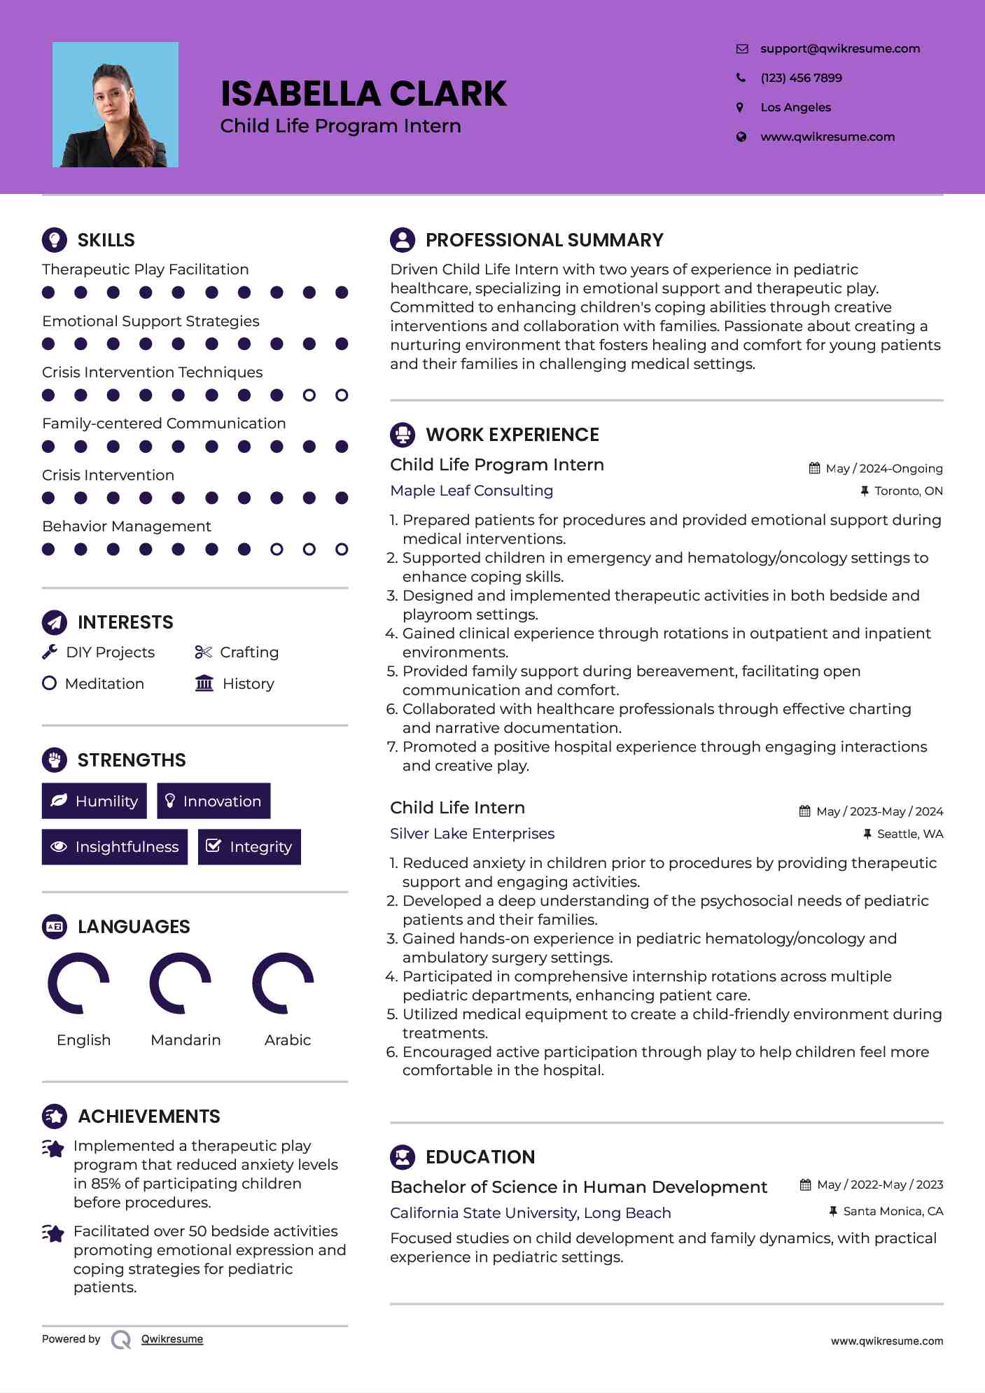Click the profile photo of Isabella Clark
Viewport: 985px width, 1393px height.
116,105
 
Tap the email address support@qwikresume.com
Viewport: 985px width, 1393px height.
839,49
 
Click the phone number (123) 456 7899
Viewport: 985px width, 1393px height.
801,78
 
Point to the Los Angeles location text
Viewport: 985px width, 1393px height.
795,108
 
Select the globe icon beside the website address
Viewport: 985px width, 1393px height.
741,137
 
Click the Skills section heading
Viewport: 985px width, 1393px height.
106,240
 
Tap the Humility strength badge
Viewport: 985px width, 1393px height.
95,801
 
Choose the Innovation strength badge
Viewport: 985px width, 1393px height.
214,801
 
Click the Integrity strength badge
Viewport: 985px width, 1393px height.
249,847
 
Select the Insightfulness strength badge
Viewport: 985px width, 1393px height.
115,847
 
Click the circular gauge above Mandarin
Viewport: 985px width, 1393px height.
181,983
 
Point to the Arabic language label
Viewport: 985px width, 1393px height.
288,1040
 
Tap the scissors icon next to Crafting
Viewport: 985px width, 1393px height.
203,652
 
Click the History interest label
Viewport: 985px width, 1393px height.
249,684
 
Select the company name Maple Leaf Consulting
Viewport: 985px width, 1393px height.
471,491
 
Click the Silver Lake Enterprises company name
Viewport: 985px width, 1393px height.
472,834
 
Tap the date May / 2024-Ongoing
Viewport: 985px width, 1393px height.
883,469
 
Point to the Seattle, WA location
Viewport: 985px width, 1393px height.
909,834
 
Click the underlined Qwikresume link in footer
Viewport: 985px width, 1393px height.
172,1339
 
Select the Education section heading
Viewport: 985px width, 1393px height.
480,1157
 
